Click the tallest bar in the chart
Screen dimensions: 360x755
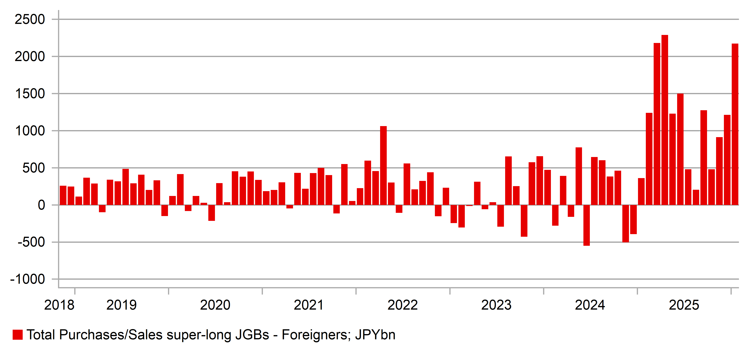[665, 120]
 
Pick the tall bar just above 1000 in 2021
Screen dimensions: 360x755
[383, 166]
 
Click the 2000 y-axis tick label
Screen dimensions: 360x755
[30, 57]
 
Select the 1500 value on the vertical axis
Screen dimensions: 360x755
[30, 94]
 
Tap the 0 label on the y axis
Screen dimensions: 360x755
[42, 205]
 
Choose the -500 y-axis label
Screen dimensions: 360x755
[31, 242]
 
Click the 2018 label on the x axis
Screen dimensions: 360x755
[59, 305]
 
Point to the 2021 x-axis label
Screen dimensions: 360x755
[309, 305]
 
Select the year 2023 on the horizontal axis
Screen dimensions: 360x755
[496, 305]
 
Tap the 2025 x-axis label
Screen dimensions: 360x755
[684, 305]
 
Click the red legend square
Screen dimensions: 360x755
[18, 335]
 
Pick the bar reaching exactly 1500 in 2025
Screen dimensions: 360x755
[680, 150]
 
